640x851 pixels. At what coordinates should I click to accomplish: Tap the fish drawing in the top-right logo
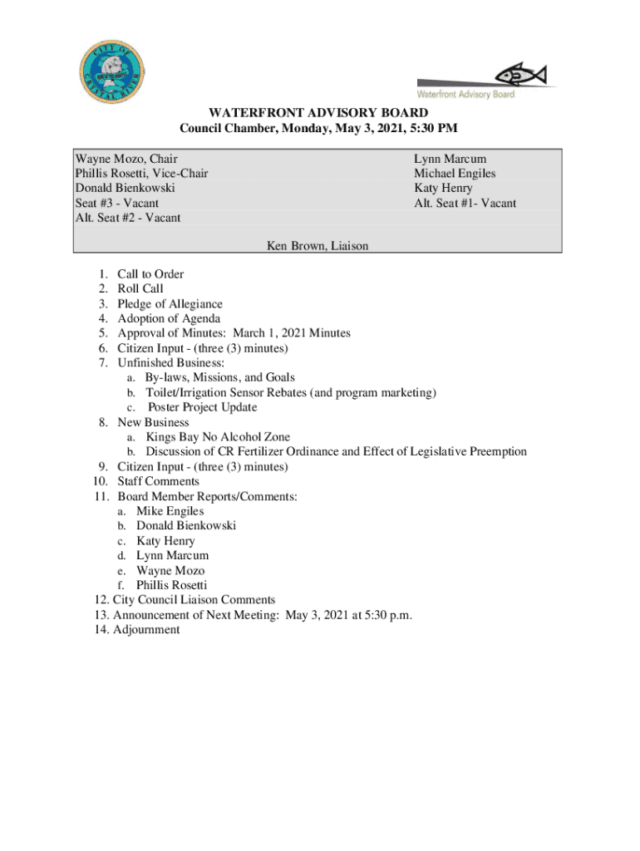(520, 76)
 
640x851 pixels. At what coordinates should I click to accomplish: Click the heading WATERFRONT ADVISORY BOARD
(318, 113)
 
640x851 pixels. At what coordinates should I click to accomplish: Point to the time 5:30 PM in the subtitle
(436, 129)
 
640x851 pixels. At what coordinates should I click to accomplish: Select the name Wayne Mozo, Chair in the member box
(126, 159)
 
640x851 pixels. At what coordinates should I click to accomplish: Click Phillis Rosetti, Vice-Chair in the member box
(142, 174)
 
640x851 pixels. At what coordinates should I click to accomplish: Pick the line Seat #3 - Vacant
(117, 203)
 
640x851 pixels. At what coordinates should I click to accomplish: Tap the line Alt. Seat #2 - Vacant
(128, 218)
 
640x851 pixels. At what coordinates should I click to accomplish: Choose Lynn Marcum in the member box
(450, 159)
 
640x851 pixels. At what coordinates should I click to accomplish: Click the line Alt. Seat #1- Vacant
(465, 203)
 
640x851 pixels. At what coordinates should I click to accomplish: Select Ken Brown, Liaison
(318, 245)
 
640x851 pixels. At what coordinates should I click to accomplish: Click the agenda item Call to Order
(150, 274)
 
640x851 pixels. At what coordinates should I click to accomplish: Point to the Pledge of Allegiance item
(170, 304)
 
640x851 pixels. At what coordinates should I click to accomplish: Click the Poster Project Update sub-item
(202, 407)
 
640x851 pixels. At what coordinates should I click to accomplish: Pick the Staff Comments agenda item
(158, 481)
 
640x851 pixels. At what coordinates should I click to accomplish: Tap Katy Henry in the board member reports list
(165, 541)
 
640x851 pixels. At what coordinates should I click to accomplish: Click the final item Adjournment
(146, 630)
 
